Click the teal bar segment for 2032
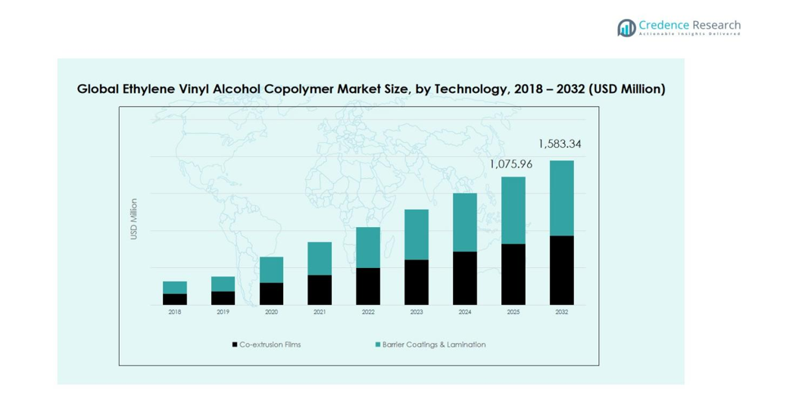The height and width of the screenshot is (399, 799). coord(561,198)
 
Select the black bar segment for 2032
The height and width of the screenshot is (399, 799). coord(561,270)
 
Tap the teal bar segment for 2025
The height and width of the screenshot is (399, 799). coord(513,210)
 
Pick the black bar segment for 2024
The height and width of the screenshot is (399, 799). coord(464,278)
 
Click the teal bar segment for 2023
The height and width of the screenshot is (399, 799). coord(417,234)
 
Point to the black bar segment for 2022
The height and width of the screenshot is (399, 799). coord(368,286)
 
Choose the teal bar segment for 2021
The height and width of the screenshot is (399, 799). coord(320,258)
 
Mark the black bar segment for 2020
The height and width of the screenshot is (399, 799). coord(271,294)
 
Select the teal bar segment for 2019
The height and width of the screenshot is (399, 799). coord(223,284)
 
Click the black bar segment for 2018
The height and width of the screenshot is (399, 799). coord(175,299)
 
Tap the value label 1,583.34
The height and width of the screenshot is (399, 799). coord(560,144)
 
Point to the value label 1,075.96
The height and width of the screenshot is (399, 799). coord(512,164)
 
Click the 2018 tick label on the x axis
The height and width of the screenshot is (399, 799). coord(175,312)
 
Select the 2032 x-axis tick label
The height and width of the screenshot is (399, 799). coord(561,312)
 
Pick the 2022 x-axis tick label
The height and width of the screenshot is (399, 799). coord(368,312)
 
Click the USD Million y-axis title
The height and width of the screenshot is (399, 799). coord(134,220)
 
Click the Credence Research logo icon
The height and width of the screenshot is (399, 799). coord(626,28)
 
